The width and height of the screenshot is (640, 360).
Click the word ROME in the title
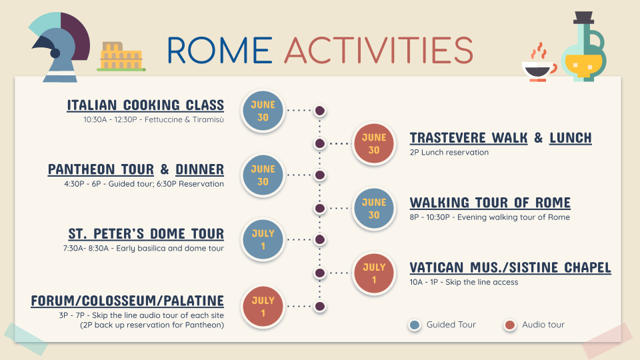tap(219, 50)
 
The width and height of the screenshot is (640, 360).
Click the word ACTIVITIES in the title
tap(379, 50)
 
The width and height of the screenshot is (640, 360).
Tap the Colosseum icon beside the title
tap(121, 56)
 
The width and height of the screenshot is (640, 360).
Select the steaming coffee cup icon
tap(539, 63)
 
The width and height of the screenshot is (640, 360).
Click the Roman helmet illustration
tap(61, 47)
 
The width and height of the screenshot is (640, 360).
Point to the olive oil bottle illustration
tap(584, 47)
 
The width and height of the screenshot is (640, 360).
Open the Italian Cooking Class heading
tap(145, 105)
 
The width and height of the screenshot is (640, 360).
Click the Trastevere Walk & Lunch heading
tap(501, 138)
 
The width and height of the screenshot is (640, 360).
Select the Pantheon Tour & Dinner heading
tap(136, 169)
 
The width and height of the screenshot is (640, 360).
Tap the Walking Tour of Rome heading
tap(490, 203)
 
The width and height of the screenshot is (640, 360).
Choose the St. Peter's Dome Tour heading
tap(146, 233)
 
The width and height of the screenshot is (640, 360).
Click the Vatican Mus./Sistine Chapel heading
tap(511, 267)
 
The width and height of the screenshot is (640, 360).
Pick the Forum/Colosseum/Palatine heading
tap(127, 301)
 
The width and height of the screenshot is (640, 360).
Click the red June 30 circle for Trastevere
tap(374, 144)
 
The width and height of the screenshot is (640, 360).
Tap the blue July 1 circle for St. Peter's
tap(263, 239)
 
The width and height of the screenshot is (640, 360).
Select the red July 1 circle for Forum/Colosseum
tap(263, 307)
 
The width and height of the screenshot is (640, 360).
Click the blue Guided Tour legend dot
tap(415, 325)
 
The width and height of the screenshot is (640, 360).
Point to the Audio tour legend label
tap(543, 325)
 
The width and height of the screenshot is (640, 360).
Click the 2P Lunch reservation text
tap(449, 152)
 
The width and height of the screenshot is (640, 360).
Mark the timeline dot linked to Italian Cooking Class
tap(320, 110)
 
